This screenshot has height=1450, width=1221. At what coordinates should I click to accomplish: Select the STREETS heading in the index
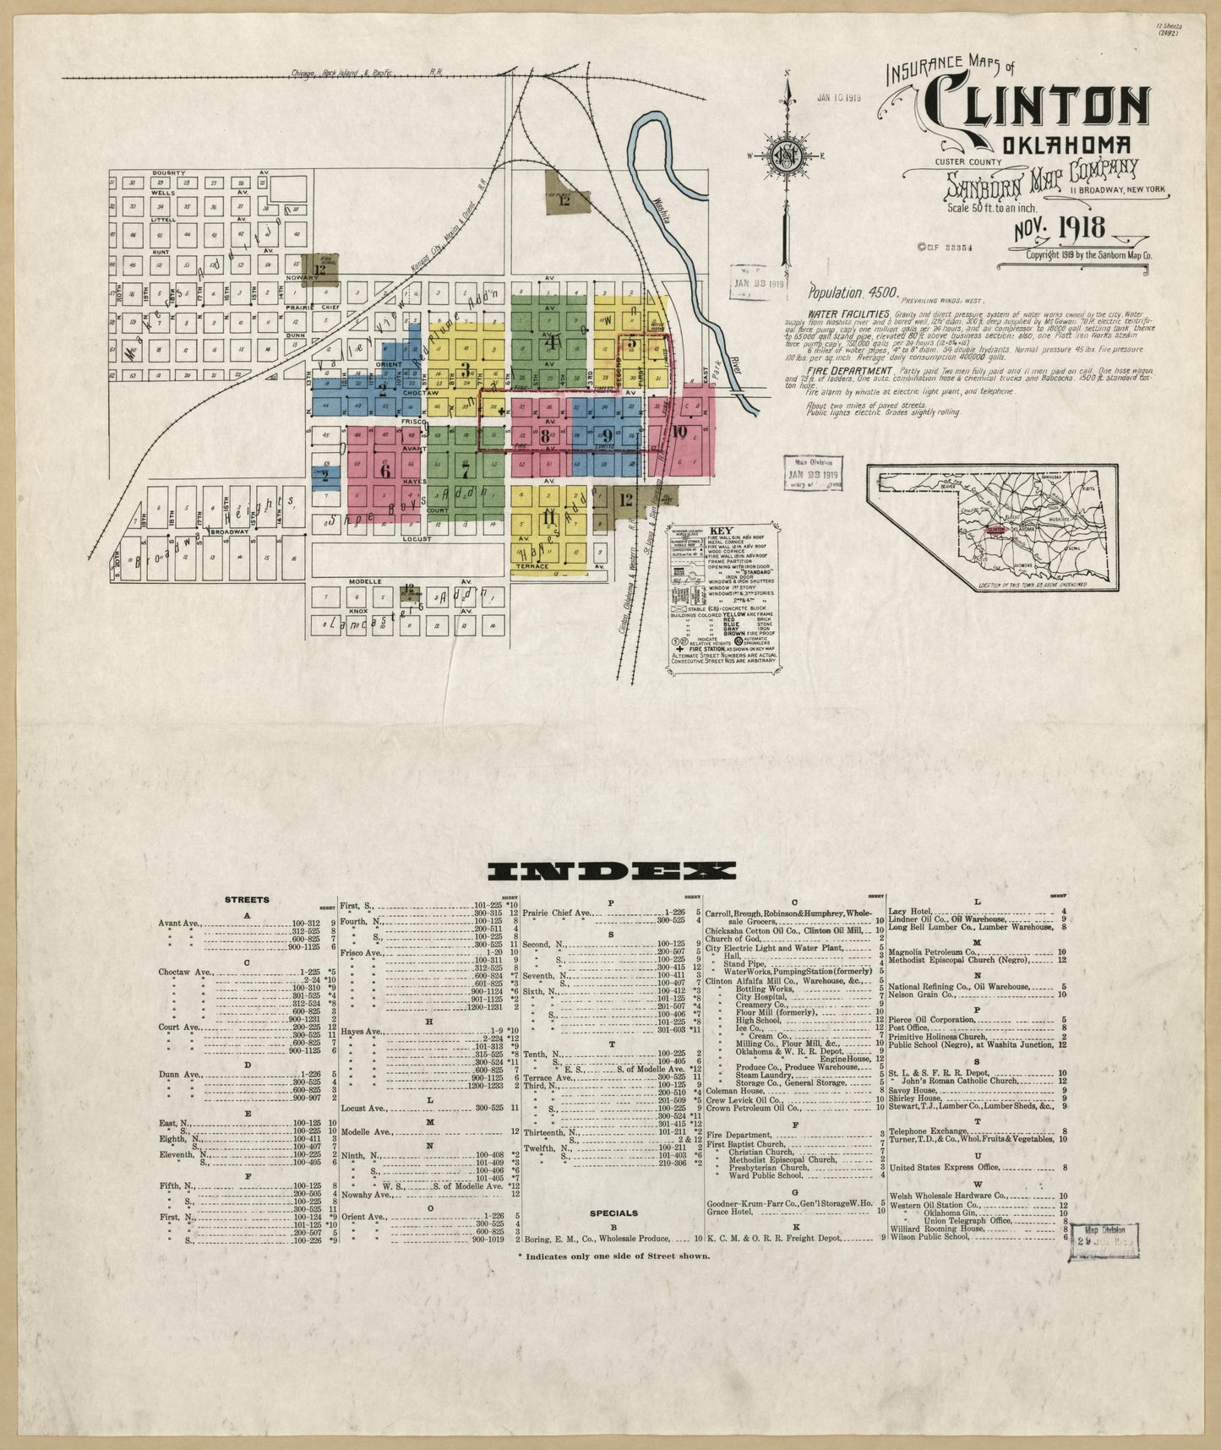click(247, 899)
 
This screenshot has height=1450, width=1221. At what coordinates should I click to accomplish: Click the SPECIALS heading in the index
click(613, 1213)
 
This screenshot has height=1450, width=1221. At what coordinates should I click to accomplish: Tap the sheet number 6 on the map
click(385, 472)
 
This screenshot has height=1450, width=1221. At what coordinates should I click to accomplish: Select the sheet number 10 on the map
click(681, 431)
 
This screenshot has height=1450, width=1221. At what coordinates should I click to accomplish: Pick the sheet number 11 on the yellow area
click(548, 516)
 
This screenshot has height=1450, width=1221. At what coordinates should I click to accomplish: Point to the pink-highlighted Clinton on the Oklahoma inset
click(995, 531)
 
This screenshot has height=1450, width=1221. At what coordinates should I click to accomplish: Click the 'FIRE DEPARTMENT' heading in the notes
click(850, 371)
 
